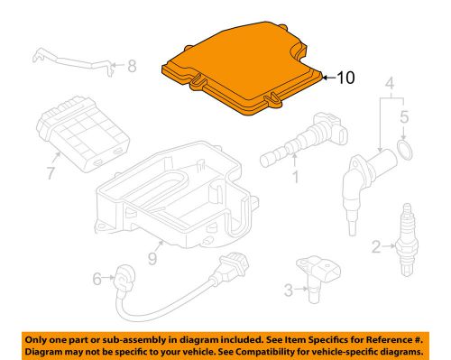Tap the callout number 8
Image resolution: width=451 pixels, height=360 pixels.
click(133, 65)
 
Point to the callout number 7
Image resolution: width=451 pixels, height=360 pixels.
click(51, 171)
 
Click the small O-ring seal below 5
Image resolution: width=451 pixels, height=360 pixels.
click(405, 148)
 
